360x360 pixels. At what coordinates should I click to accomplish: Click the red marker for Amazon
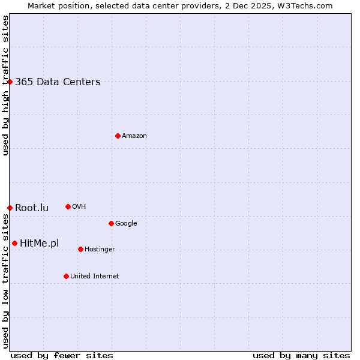tap(118, 136)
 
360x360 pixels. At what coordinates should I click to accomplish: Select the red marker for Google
tap(111, 223)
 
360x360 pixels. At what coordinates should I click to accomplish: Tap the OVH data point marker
tap(68, 206)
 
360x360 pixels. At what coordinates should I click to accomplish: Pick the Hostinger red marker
tap(80, 249)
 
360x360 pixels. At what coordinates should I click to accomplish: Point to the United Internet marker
tap(66, 276)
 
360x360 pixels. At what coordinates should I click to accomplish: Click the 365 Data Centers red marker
tap(10, 82)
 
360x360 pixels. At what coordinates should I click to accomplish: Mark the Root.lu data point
tap(10, 208)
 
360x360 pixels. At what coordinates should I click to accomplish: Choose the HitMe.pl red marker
tap(14, 243)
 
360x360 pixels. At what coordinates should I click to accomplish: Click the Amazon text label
tap(134, 136)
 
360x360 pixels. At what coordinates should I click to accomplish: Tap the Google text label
tap(126, 224)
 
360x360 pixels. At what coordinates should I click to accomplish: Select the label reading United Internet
tap(94, 277)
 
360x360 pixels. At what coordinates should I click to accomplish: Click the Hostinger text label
tap(100, 250)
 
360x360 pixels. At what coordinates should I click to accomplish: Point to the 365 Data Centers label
tap(58, 82)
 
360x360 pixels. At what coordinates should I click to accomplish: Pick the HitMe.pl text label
tap(40, 243)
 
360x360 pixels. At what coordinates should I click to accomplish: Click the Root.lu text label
tap(32, 208)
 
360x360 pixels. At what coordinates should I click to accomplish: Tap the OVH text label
tap(79, 207)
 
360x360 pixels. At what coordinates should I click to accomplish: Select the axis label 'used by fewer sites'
tap(62, 355)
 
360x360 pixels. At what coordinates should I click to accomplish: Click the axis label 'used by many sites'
tap(301, 355)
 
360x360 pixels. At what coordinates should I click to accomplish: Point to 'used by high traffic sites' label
tap(5, 86)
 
